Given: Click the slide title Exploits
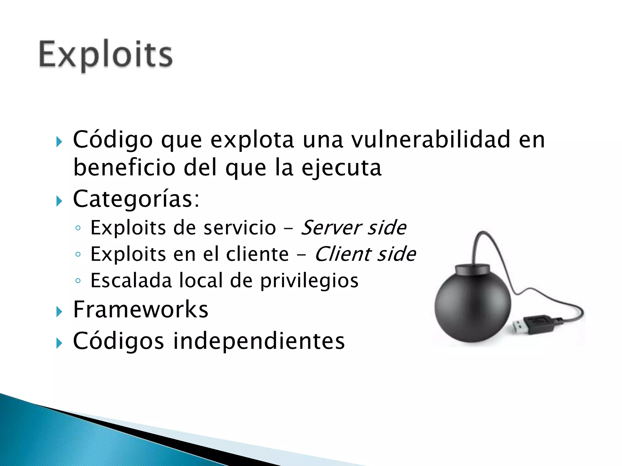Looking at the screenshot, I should [x=106, y=55].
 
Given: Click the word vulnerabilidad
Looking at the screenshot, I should [x=431, y=140].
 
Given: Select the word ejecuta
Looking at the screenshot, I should [x=341, y=168].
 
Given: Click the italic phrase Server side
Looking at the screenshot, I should [x=354, y=228].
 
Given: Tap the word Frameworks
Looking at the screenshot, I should [x=141, y=309].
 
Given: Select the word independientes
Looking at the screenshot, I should [x=259, y=341].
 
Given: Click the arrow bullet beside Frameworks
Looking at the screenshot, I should [x=59, y=312].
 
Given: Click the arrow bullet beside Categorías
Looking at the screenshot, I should [x=59, y=201].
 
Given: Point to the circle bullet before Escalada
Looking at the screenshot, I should [x=78, y=281].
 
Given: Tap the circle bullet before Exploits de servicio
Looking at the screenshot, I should [x=78, y=228].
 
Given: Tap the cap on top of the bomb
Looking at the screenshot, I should [x=472, y=269].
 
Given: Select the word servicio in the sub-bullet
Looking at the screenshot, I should [x=240, y=228].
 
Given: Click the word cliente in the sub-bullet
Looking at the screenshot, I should [x=257, y=254].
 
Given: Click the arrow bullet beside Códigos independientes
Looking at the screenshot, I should [x=59, y=343].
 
